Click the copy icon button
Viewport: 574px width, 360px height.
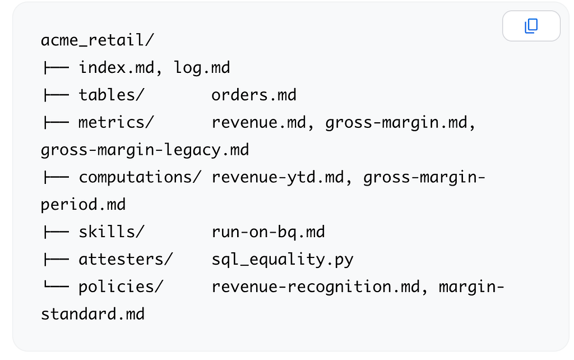click(531, 26)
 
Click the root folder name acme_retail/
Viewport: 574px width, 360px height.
click(98, 40)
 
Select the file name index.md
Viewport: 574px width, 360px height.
click(117, 67)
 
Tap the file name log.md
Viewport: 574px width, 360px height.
click(202, 68)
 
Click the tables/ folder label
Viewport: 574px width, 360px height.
click(112, 95)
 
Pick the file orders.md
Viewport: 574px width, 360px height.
click(254, 95)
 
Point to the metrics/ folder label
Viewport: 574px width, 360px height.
click(117, 122)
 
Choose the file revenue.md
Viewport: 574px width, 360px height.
click(259, 122)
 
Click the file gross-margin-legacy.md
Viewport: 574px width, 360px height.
click(145, 150)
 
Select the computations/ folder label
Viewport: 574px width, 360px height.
click(140, 177)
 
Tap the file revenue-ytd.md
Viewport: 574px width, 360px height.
click(278, 177)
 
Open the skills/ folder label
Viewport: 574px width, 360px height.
click(112, 232)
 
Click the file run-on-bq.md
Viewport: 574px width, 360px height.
click(269, 232)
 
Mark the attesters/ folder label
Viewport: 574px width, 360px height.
click(126, 259)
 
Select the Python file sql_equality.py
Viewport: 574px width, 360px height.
click(283, 260)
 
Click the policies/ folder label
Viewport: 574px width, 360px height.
click(121, 287)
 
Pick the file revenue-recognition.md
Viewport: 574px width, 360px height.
click(316, 287)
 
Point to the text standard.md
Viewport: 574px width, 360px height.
click(92, 314)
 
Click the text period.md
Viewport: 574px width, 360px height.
click(83, 205)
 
